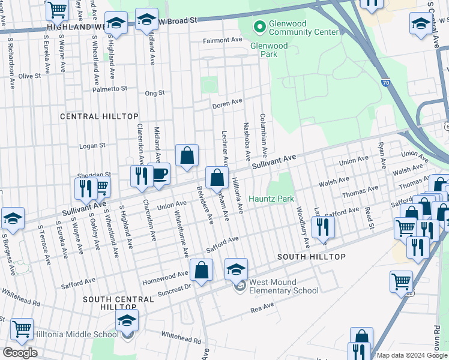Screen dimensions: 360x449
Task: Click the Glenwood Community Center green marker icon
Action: (259, 26)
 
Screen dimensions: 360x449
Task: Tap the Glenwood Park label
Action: (268, 50)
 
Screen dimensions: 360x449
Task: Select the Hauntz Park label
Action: (271, 199)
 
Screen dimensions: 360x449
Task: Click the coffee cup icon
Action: (158, 174)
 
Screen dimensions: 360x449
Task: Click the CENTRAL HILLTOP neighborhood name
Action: (100, 116)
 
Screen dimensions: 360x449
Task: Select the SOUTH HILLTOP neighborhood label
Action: (311, 257)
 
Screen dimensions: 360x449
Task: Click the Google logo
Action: (19, 353)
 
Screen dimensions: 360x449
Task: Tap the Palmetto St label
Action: (110, 89)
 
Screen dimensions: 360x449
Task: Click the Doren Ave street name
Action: (227, 105)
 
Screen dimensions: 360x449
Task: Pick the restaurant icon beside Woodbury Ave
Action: (323, 227)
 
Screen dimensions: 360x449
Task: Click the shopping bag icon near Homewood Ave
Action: (201, 271)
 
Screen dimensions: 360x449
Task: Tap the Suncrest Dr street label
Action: (174, 288)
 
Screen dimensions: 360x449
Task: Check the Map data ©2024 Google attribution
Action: (411, 355)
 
